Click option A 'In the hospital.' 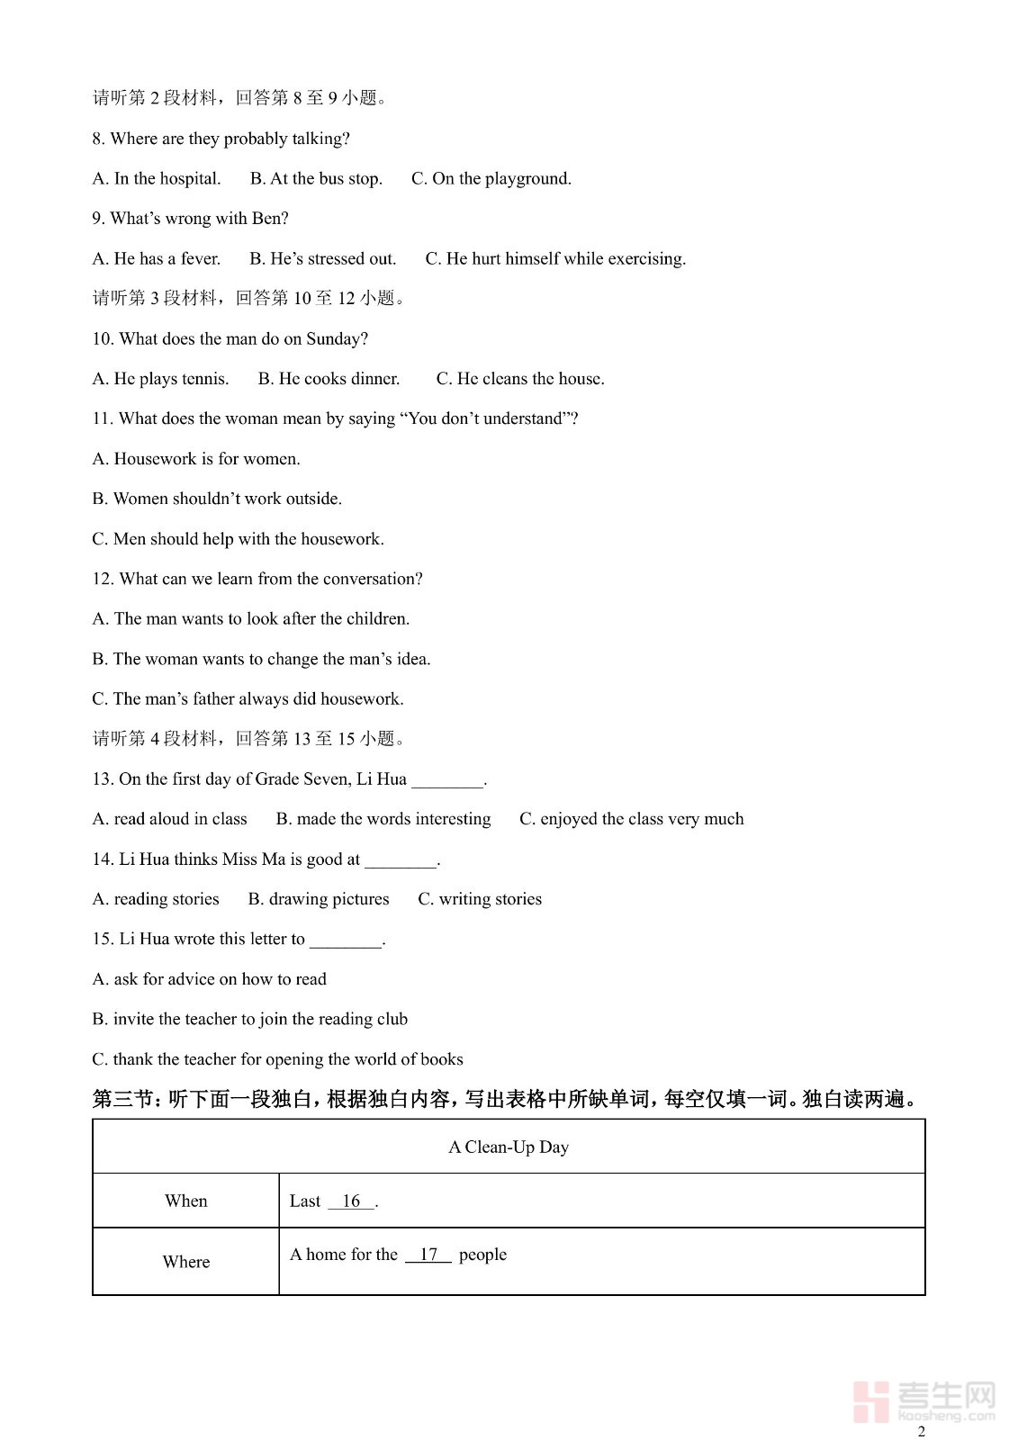[x=157, y=178]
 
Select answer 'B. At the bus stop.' [x=316, y=178]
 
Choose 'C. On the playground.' [x=491, y=178]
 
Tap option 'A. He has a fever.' [x=157, y=258]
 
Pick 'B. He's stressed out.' [x=322, y=258]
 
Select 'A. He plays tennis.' [x=160, y=379]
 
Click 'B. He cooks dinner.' [x=329, y=379]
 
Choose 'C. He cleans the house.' [x=520, y=379]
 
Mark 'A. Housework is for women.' [x=196, y=459]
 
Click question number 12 [x=102, y=579]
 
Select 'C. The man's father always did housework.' [x=248, y=699]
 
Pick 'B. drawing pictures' [x=319, y=899]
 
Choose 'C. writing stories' [x=480, y=899]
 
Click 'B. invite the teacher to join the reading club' [x=249, y=1019]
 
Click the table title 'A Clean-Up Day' [x=509, y=1147]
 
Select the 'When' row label [x=185, y=1201]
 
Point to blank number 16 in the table [x=351, y=1201]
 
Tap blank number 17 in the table [x=428, y=1255]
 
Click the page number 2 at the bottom [x=921, y=1431]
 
